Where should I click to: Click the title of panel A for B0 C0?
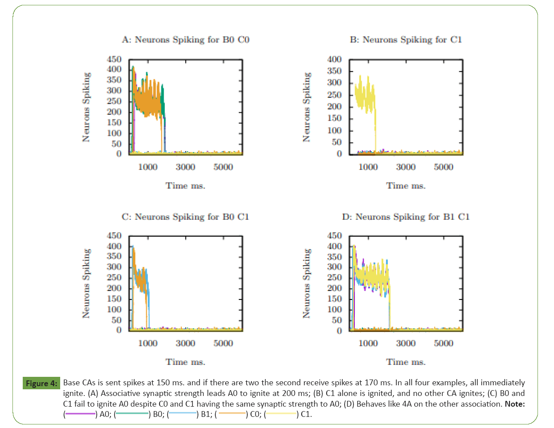pyautogui.click(x=185, y=40)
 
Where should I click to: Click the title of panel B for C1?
pyautogui.click(x=406, y=40)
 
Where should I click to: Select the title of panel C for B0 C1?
pyautogui.click(x=185, y=217)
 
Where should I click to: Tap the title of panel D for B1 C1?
pyautogui.click(x=406, y=217)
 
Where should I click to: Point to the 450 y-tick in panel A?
pyautogui.click(x=114, y=59)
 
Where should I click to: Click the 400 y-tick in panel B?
pyautogui.click(x=334, y=59)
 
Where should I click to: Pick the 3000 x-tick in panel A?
pyautogui.click(x=185, y=167)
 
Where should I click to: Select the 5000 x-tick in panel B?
pyautogui.click(x=443, y=167)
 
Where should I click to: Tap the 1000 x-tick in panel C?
pyautogui.click(x=148, y=343)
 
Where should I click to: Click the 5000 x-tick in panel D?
pyautogui.click(x=443, y=343)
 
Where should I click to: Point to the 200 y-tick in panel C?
pyautogui.click(x=114, y=288)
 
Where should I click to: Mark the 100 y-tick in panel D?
pyautogui.click(x=334, y=309)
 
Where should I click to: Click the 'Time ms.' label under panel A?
pyautogui.click(x=185, y=186)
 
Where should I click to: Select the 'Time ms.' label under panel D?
pyautogui.click(x=406, y=362)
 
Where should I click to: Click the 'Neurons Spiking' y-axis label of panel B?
pyautogui.click(x=307, y=107)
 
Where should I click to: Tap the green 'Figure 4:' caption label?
pyautogui.click(x=41, y=383)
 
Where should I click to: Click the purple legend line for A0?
pyautogui.click(x=81, y=414)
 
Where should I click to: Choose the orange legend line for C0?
pyautogui.click(x=231, y=414)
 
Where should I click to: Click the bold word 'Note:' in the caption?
pyautogui.click(x=515, y=404)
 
